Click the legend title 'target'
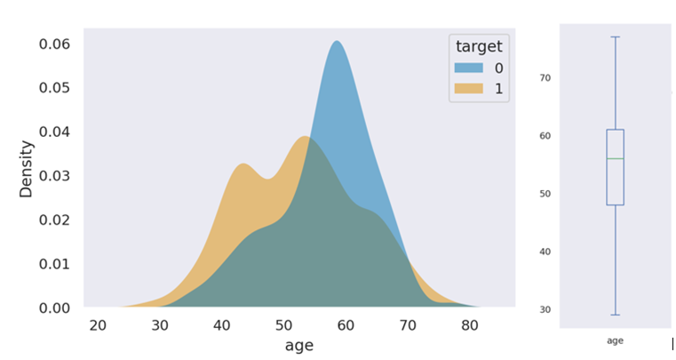coord(479,46)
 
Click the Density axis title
coord(26,168)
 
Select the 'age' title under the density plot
coord(299,346)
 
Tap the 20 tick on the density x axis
coord(98,325)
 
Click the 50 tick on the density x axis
coord(283,325)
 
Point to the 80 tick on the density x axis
coord(468,325)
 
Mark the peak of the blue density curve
coord(337,42)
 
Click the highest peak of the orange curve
coord(305,137)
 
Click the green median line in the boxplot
coord(615,158)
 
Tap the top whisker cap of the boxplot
coord(615,37)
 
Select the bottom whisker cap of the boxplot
coord(615,315)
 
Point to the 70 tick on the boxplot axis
coord(545,78)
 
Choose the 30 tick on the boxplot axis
coord(545,309)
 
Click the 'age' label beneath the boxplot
coord(615,340)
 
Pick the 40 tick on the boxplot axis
coord(545,252)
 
